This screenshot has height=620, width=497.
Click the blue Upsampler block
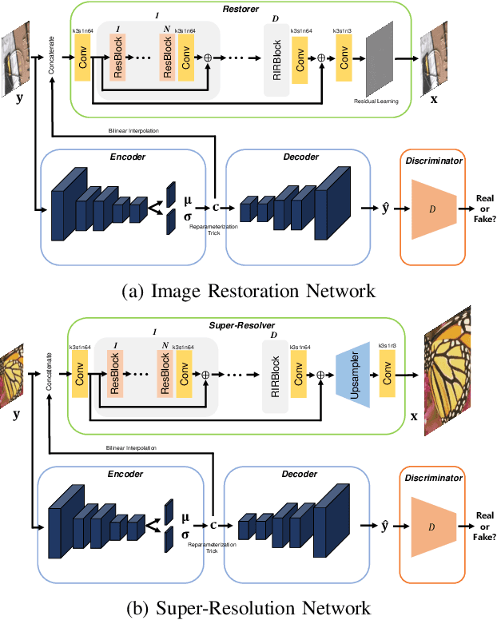click(x=352, y=372)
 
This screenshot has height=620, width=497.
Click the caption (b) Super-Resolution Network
click(x=248, y=608)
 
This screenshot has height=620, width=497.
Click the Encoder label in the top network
click(x=129, y=157)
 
